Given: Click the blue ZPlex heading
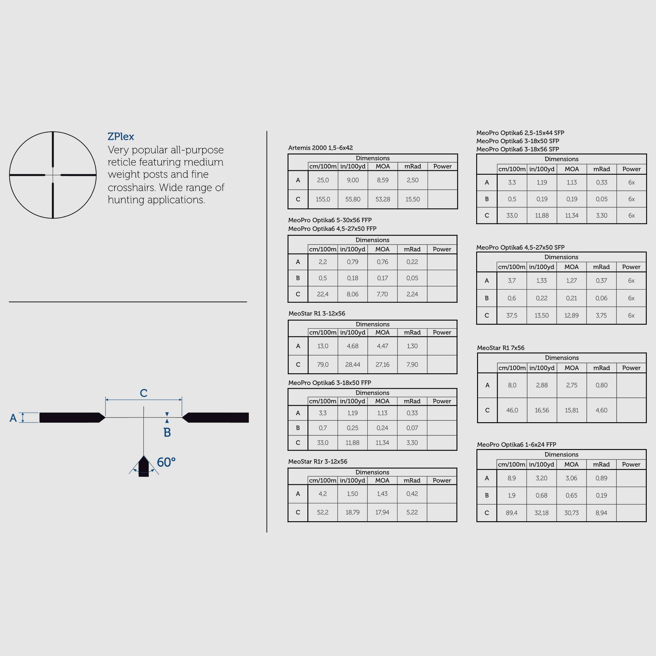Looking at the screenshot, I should click(120, 137).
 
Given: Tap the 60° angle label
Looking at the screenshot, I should click(166, 462).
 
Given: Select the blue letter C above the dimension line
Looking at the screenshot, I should click(144, 393).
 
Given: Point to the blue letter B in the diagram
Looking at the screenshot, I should click(167, 432).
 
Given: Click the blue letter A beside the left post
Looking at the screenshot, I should click(13, 418).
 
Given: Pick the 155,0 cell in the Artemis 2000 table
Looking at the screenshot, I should click(323, 199).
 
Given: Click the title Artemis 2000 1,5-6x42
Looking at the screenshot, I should click(320, 148).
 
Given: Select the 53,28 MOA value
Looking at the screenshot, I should click(382, 199).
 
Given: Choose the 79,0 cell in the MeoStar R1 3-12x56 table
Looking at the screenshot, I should click(323, 364).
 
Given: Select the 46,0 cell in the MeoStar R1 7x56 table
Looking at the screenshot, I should click(512, 410).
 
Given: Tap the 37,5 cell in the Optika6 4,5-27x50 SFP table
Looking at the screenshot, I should click(511, 315).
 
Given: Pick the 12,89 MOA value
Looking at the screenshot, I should click(571, 315).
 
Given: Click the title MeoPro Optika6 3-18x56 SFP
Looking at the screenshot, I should click(517, 149).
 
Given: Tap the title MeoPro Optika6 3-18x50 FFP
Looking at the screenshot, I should click(329, 383).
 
